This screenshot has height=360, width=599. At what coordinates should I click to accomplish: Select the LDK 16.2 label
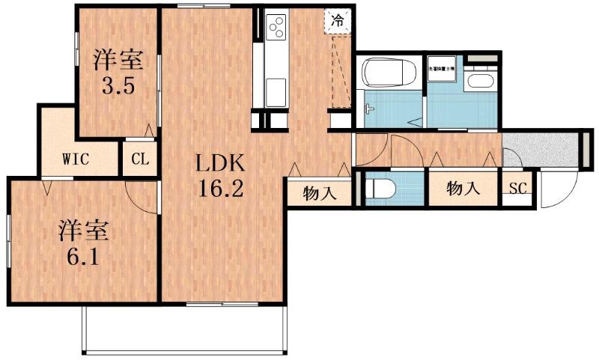point(220,176)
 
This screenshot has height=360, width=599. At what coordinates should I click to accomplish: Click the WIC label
point(77,159)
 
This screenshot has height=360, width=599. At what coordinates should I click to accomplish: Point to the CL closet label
point(140,159)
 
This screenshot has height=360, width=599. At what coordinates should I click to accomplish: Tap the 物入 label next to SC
point(462,189)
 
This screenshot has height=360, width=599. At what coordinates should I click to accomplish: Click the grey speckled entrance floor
point(541,147)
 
